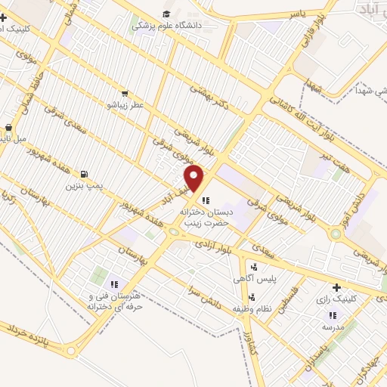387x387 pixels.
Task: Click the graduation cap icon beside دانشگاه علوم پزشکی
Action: tap(166, 13)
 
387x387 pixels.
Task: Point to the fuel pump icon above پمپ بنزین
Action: tap(82, 173)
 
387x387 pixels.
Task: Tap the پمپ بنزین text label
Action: tap(82, 185)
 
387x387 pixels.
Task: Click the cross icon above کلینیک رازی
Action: tap(336, 287)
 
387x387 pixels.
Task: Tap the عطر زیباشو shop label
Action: tap(125, 104)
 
